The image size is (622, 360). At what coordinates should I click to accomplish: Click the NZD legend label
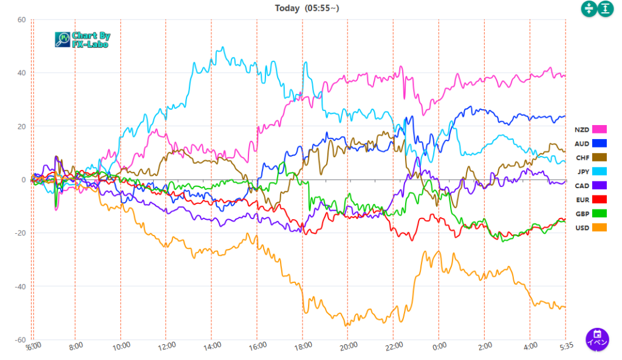point(582,129)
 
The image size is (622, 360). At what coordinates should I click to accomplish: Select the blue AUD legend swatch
point(600,143)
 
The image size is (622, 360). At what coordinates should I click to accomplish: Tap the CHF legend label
point(582,157)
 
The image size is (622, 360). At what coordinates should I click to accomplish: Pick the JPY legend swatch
point(600,171)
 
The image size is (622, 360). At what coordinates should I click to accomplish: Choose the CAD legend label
point(582,185)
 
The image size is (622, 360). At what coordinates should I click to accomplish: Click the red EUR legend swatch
point(600,199)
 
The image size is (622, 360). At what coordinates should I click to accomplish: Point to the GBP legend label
point(582,213)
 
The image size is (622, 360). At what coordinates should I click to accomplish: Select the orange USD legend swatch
point(600,227)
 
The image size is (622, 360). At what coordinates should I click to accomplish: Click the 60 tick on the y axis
point(21,19)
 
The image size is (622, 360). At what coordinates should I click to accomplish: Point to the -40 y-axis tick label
point(20,286)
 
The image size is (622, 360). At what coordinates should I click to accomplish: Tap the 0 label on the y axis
point(23,180)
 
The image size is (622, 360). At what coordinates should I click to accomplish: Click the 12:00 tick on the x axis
point(166,346)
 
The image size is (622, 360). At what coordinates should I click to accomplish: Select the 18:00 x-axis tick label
point(302,346)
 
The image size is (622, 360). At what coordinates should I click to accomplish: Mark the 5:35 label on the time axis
point(565,346)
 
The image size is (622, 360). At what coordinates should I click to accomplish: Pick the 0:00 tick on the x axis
point(439,346)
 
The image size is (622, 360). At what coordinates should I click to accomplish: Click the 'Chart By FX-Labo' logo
point(83,40)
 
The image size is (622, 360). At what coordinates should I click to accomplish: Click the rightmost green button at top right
point(606,8)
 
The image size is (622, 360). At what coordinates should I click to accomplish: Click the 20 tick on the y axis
point(21,126)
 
